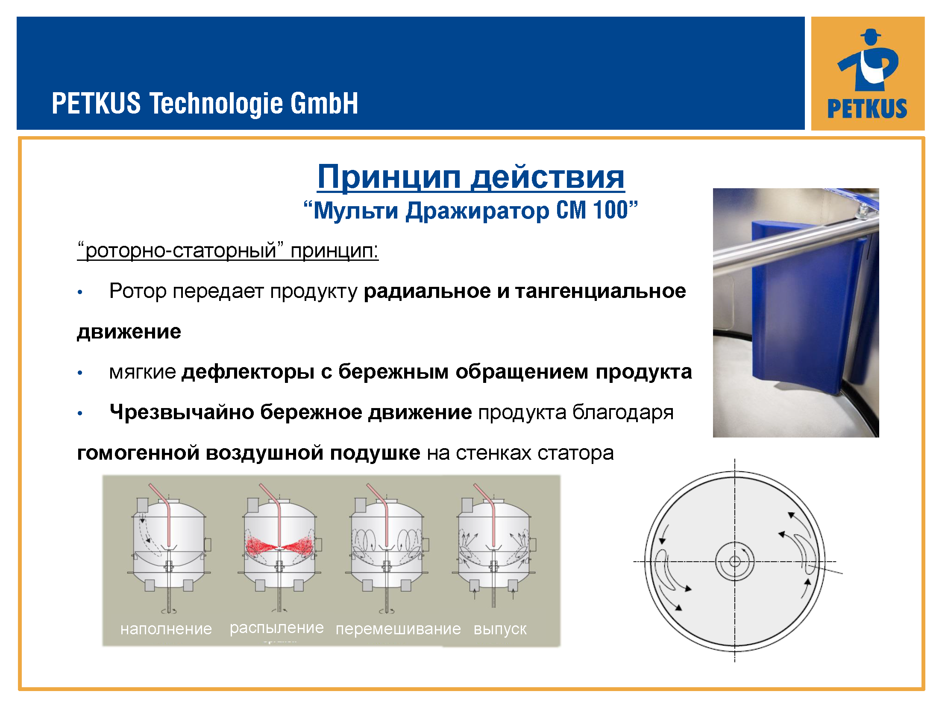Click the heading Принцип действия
[x=471, y=177]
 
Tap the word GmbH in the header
[x=324, y=103]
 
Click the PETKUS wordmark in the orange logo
[x=867, y=108]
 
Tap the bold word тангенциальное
[x=600, y=291]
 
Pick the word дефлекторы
[x=248, y=372]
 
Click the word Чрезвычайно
[x=182, y=412]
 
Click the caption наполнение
[x=166, y=629]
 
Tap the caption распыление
[x=276, y=628]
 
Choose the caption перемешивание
[x=398, y=629]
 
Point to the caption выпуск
[x=500, y=629]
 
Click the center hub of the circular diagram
[x=735, y=561]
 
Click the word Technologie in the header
[x=215, y=104]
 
